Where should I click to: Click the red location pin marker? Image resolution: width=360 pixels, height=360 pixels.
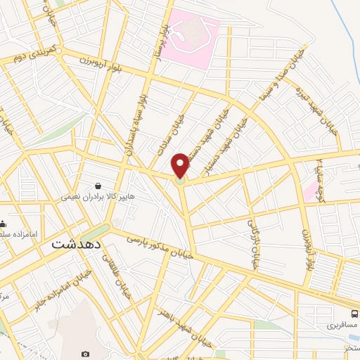click(x=181, y=166)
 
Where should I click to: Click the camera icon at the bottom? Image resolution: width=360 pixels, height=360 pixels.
click(x=85, y=354)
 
